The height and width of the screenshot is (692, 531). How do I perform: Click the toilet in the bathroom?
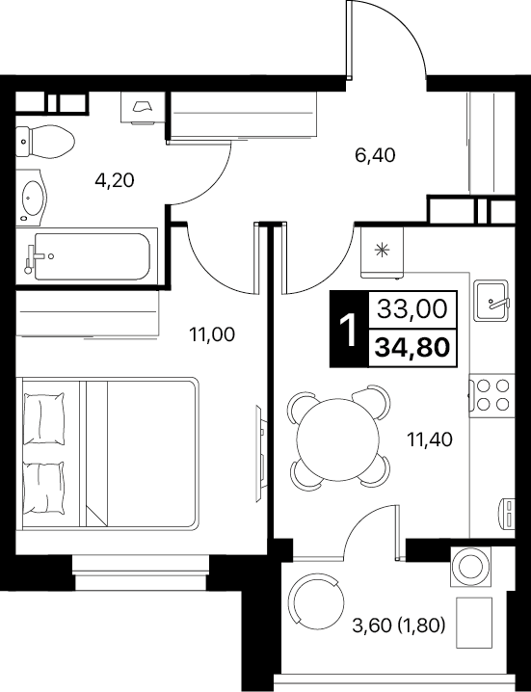[45, 142]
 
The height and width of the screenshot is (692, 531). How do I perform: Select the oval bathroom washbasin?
[32, 198]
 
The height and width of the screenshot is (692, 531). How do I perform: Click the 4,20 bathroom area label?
[115, 180]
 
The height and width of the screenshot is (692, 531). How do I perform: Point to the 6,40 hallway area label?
[375, 155]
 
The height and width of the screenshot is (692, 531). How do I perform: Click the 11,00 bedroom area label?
[212, 334]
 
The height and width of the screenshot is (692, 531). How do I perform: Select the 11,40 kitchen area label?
[430, 439]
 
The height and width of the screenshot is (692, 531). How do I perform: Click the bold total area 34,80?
[412, 347]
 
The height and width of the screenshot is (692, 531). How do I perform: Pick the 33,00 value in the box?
[412, 309]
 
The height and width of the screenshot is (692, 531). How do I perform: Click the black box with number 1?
[349, 330]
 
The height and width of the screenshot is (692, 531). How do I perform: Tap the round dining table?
[338, 439]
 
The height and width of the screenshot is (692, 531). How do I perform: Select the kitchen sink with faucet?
[491, 300]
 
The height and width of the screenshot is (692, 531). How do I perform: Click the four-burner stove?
[491, 395]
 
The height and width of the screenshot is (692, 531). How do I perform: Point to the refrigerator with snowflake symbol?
[382, 253]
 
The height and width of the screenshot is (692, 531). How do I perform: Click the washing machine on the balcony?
[471, 566]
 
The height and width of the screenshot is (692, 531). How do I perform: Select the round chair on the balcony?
[316, 601]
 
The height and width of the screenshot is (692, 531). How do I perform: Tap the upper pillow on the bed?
[43, 418]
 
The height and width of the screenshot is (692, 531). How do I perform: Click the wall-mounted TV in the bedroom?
[261, 453]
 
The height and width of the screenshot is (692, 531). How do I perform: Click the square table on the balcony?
[474, 623]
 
